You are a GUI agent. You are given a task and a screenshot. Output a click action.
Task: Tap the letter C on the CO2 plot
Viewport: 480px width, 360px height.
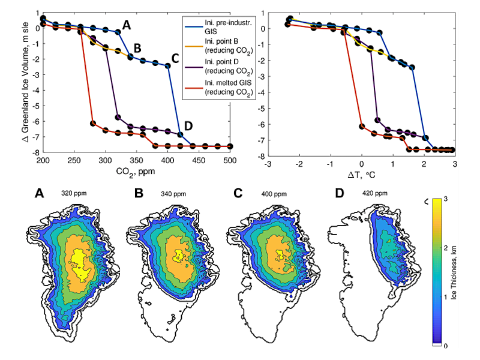(x=175, y=59)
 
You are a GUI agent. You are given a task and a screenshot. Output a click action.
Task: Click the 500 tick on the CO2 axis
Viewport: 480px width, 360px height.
(x=230, y=161)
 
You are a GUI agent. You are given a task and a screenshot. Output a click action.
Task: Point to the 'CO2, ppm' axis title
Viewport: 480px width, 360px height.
(x=136, y=170)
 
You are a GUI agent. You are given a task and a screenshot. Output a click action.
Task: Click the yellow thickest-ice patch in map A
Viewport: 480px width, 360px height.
(x=79, y=262)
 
